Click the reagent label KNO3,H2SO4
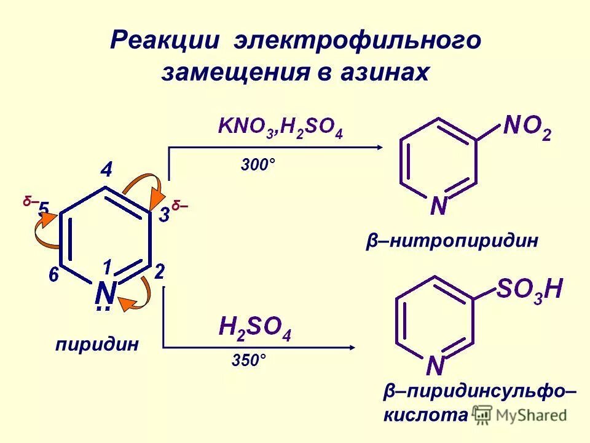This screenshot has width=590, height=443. tap(280, 128)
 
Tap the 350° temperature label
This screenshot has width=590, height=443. tap(249, 361)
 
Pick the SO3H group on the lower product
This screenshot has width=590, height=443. tap(529, 289)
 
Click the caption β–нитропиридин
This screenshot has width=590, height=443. tap(452, 241)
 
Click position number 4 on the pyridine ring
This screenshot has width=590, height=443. tap(106, 170)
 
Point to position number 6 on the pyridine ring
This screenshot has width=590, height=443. tap(54, 275)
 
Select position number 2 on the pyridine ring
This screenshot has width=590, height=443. tap(159, 272)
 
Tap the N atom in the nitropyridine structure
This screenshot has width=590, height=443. tap(438, 206)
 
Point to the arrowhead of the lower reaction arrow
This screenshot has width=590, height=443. tap(352, 348)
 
